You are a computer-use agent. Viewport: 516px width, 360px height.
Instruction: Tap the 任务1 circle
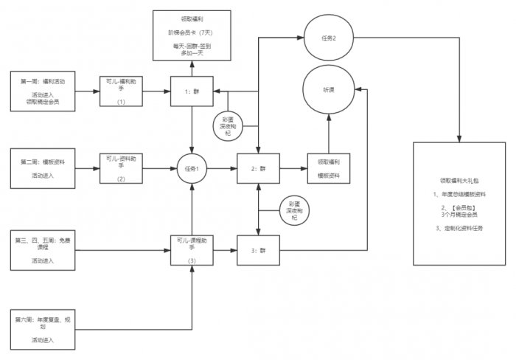pos(191,169)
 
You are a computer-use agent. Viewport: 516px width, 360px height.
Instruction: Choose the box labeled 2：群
pos(258,169)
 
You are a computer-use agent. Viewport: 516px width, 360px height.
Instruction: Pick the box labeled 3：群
pos(258,251)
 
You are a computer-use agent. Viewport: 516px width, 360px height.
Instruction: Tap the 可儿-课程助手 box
pos(191,251)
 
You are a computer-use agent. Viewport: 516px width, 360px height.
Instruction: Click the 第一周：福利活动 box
pos(43,91)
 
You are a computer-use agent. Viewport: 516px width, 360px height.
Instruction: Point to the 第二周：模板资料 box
pos(43,169)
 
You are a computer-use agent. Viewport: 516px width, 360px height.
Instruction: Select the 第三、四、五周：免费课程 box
pos(43,250)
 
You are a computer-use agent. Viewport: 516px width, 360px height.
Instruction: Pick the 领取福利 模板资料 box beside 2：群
pos(329,169)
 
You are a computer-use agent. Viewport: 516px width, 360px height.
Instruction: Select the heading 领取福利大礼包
pos(461,180)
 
